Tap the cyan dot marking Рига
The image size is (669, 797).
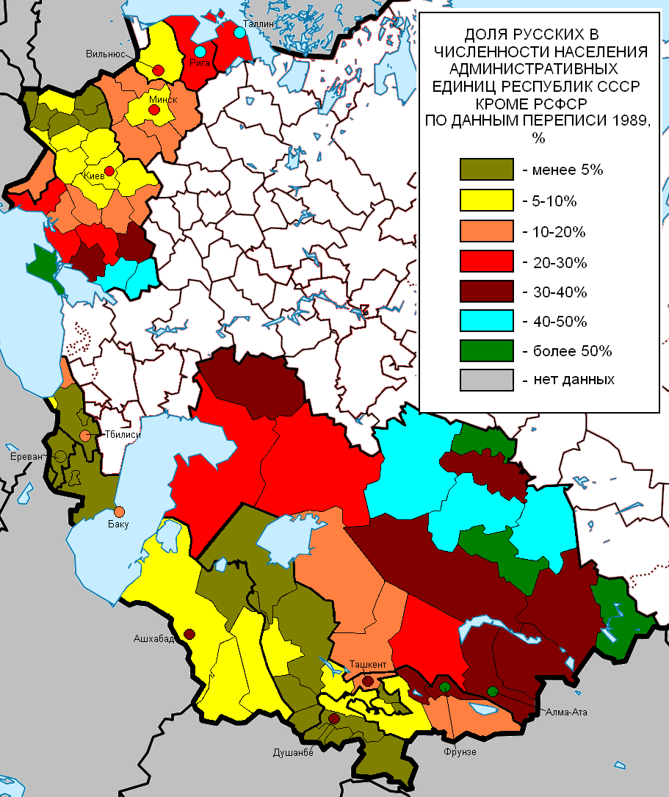[x=200, y=52]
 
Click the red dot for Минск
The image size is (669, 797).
[x=154, y=110]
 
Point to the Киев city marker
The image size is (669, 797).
[x=109, y=171]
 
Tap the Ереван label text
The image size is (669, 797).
[x=25, y=455]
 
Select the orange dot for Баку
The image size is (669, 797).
[x=119, y=511]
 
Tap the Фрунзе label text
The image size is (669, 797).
[x=460, y=751]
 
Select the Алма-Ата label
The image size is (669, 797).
[x=565, y=712]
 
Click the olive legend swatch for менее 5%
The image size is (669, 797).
[x=485, y=170]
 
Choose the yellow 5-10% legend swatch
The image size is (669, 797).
[x=485, y=200]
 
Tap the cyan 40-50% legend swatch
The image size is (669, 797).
[x=485, y=321]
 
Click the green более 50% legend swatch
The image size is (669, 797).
[x=485, y=351]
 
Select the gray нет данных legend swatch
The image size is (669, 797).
[x=485, y=381]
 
